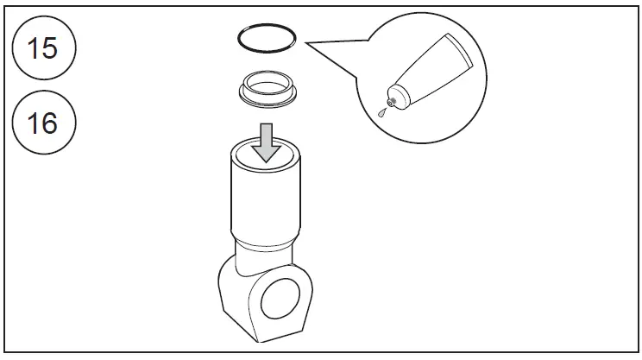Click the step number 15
pyautogui.click(x=42, y=48)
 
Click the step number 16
pyautogui.click(x=42, y=123)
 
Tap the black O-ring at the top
pyautogui.click(x=267, y=24)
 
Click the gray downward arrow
pyautogui.click(x=267, y=142)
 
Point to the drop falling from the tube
pyautogui.click(x=382, y=112)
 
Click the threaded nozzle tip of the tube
pyautogui.click(x=391, y=103)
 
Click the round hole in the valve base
pyautogui.click(x=280, y=299)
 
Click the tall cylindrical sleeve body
pyautogui.click(x=266, y=200)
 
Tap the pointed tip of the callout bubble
pyautogui.click(x=306, y=43)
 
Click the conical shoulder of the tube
pyautogui.click(x=402, y=95)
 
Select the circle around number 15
pyautogui.click(x=44, y=17)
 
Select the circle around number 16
pyautogui.click(x=44, y=92)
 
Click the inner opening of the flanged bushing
pyautogui.click(x=267, y=87)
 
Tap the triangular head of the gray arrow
pyautogui.click(x=267, y=153)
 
